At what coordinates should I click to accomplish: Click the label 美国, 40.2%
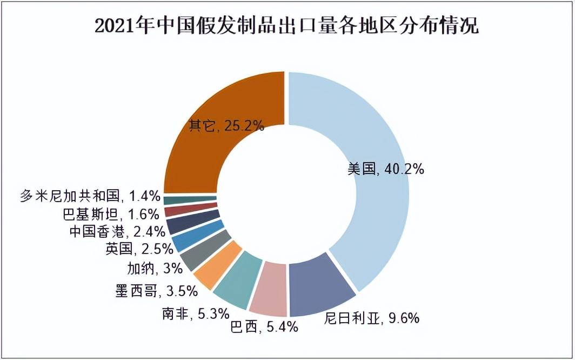tap(386, 169)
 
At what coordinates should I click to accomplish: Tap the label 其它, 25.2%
tap(226, 126)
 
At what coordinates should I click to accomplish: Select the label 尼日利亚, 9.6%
tap(372, 318)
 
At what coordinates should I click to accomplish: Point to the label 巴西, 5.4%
tap(264, 327)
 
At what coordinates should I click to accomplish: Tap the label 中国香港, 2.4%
tap(117, 231)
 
